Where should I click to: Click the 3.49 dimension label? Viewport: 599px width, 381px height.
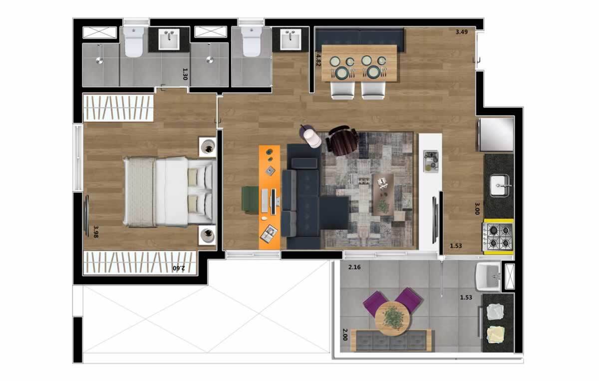pos(461,32)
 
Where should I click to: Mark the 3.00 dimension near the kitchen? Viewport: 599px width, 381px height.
pos(477,208)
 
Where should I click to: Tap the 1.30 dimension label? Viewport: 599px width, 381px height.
pos(185,74)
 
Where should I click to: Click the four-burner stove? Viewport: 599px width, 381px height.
pos(497,237)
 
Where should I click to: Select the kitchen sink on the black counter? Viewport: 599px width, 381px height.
pos(499,186)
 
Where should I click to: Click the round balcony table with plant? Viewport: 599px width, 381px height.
pos(392,317)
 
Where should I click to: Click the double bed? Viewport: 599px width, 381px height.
pos(168,191)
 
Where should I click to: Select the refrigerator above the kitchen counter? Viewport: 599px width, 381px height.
pos(496,134)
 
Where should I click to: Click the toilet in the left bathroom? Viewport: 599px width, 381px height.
pos(134,42)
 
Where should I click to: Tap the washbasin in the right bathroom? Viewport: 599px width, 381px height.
pos(290,39)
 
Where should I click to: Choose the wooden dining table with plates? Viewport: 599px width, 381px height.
pos(360,63)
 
